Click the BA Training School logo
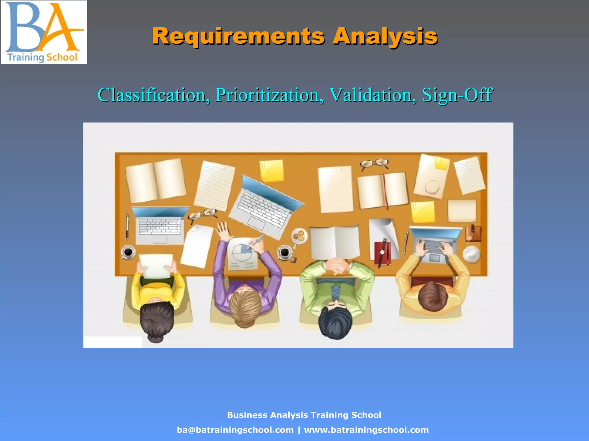44,32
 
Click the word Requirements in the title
238,36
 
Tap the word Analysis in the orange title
385,36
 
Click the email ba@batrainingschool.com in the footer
235,430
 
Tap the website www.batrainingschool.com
366,430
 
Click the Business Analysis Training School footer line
304,415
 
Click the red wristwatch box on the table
382,253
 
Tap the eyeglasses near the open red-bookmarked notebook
374,164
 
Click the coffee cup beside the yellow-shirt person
128,252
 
